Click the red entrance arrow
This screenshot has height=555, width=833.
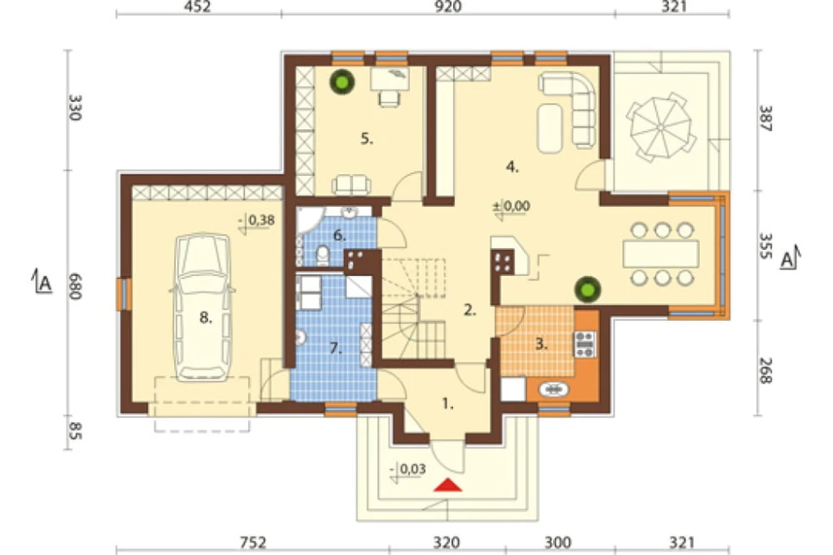pos(448,485)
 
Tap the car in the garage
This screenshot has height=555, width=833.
pos(204,307)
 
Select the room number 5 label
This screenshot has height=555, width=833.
pos(367,139)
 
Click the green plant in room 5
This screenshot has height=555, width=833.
pos(342,82)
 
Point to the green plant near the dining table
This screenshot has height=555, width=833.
pos(587,290)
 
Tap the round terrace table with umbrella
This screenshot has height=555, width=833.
pos(661,127)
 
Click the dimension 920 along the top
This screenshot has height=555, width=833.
pos(448,7)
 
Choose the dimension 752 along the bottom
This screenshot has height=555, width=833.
pos(252,542)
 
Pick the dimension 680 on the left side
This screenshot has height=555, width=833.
pos(75,287)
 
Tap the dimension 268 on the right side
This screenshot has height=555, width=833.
pos(764,371)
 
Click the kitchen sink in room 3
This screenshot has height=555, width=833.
pos(554,390)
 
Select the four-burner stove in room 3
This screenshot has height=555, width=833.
pos(585,344)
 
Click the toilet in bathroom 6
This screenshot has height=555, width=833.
pos(322,256)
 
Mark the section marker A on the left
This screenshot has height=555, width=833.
pos(42,281)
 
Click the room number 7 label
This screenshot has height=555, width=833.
pos(335,348)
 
